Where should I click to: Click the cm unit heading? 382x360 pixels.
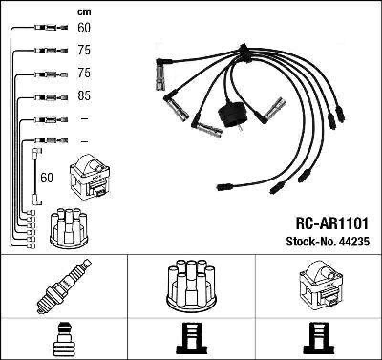pos(84,12)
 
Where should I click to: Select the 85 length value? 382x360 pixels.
pos(84,96)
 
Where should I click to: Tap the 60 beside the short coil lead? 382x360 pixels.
pos(46,178)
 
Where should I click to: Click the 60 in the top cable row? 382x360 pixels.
pos(84,28)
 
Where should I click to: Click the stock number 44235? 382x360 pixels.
pos(354,242)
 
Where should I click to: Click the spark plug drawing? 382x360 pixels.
pos(64,286)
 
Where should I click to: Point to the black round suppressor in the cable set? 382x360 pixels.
pos(232,114)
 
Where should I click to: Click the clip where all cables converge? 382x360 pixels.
pos(243,50)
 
